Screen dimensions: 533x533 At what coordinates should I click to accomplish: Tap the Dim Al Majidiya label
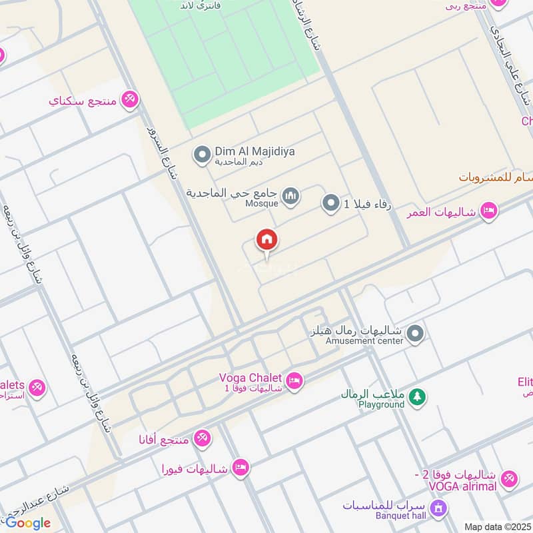255,152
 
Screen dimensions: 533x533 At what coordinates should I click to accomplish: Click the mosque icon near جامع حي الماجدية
290,196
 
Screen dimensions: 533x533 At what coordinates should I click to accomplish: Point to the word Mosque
261,204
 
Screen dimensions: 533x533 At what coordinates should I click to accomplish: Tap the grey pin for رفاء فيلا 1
330,203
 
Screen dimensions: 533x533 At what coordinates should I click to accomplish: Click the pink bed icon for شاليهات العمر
488,212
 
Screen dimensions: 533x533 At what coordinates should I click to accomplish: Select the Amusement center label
364,341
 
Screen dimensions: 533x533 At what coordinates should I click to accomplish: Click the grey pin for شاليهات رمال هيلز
416,334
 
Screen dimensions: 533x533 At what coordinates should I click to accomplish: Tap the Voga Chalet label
251,377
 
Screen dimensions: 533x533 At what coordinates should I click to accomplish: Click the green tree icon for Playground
417,397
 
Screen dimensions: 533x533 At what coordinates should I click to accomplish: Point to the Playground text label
381,404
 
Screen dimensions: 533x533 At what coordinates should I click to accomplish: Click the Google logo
28,522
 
